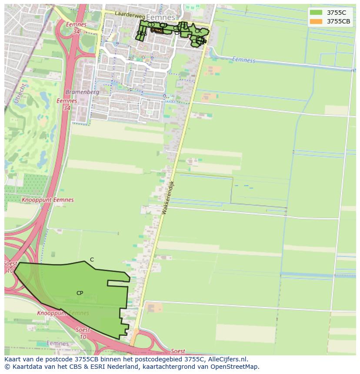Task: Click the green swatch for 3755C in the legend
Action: click(316, 13)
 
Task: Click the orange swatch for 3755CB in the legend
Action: click(316, 21)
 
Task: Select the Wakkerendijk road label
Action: click(167, 197)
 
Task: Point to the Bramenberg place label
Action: click(82, 92)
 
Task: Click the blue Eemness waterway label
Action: click(243, 60)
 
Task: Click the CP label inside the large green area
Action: click(80, 293)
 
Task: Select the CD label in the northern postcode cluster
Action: click(151, 25)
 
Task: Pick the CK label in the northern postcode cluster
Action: click(198, 31)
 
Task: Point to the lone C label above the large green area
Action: click(92, 260)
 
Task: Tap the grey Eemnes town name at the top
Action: click(160, 17)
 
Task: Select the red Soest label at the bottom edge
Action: click(178, 351)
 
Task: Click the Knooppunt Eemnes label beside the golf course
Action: click(47, 200)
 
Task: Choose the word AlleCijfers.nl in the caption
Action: click(227, 359)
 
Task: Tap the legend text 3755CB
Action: click(338, 21)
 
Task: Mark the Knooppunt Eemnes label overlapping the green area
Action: click(63, 313)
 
